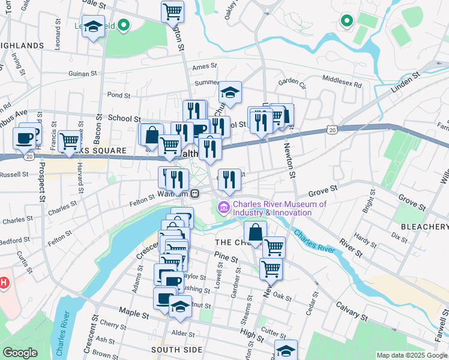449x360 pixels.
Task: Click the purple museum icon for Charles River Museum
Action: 224,207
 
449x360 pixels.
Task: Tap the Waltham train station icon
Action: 195,193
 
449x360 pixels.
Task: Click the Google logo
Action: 20,353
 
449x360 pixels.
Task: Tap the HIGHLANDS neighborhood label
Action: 22,45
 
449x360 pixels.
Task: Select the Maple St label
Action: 133,313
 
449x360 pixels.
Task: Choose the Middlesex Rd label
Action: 342,79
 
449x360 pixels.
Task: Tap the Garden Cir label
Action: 292,82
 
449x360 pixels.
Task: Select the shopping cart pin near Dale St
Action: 173,11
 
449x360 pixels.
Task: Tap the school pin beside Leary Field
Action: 93,28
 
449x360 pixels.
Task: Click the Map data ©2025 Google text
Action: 411,355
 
